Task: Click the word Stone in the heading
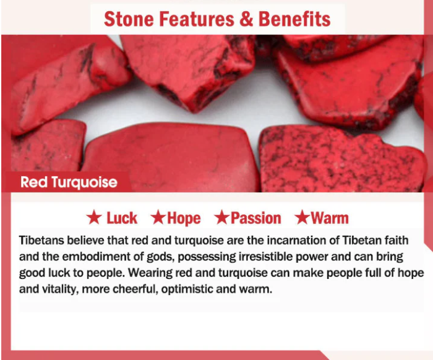pos(129,19)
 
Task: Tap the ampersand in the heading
pos(246,19)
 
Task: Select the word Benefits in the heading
pos(294,19)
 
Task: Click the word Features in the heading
pos(196,19)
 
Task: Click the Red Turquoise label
pos(69,182)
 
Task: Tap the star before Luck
pos(94,217)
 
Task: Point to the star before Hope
pos(158,217)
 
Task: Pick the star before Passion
pos(221,217)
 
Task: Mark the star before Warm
pos(302,217)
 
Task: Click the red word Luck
pos(122,218)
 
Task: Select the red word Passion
pos(255,218)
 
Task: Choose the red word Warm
pos(330,218)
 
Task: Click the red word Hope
pos(184,218)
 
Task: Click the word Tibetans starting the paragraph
pos(41,240)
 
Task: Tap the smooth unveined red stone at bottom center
pos(171,157)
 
